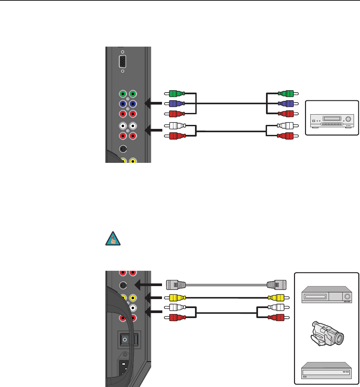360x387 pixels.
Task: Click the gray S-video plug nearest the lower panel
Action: point(176,285)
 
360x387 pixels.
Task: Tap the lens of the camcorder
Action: point(339,338)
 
